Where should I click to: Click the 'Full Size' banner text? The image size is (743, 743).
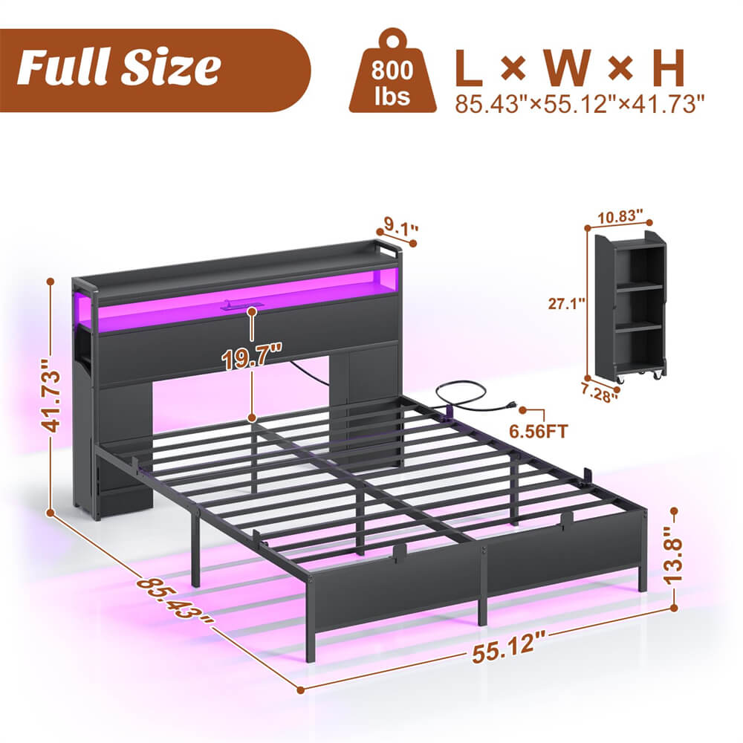(x=119, y=68)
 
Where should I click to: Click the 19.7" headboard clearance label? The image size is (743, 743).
(x=253, y=360)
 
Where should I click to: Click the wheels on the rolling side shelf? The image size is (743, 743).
(x=640, y=377)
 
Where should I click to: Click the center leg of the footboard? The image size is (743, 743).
(x=482, y=587)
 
